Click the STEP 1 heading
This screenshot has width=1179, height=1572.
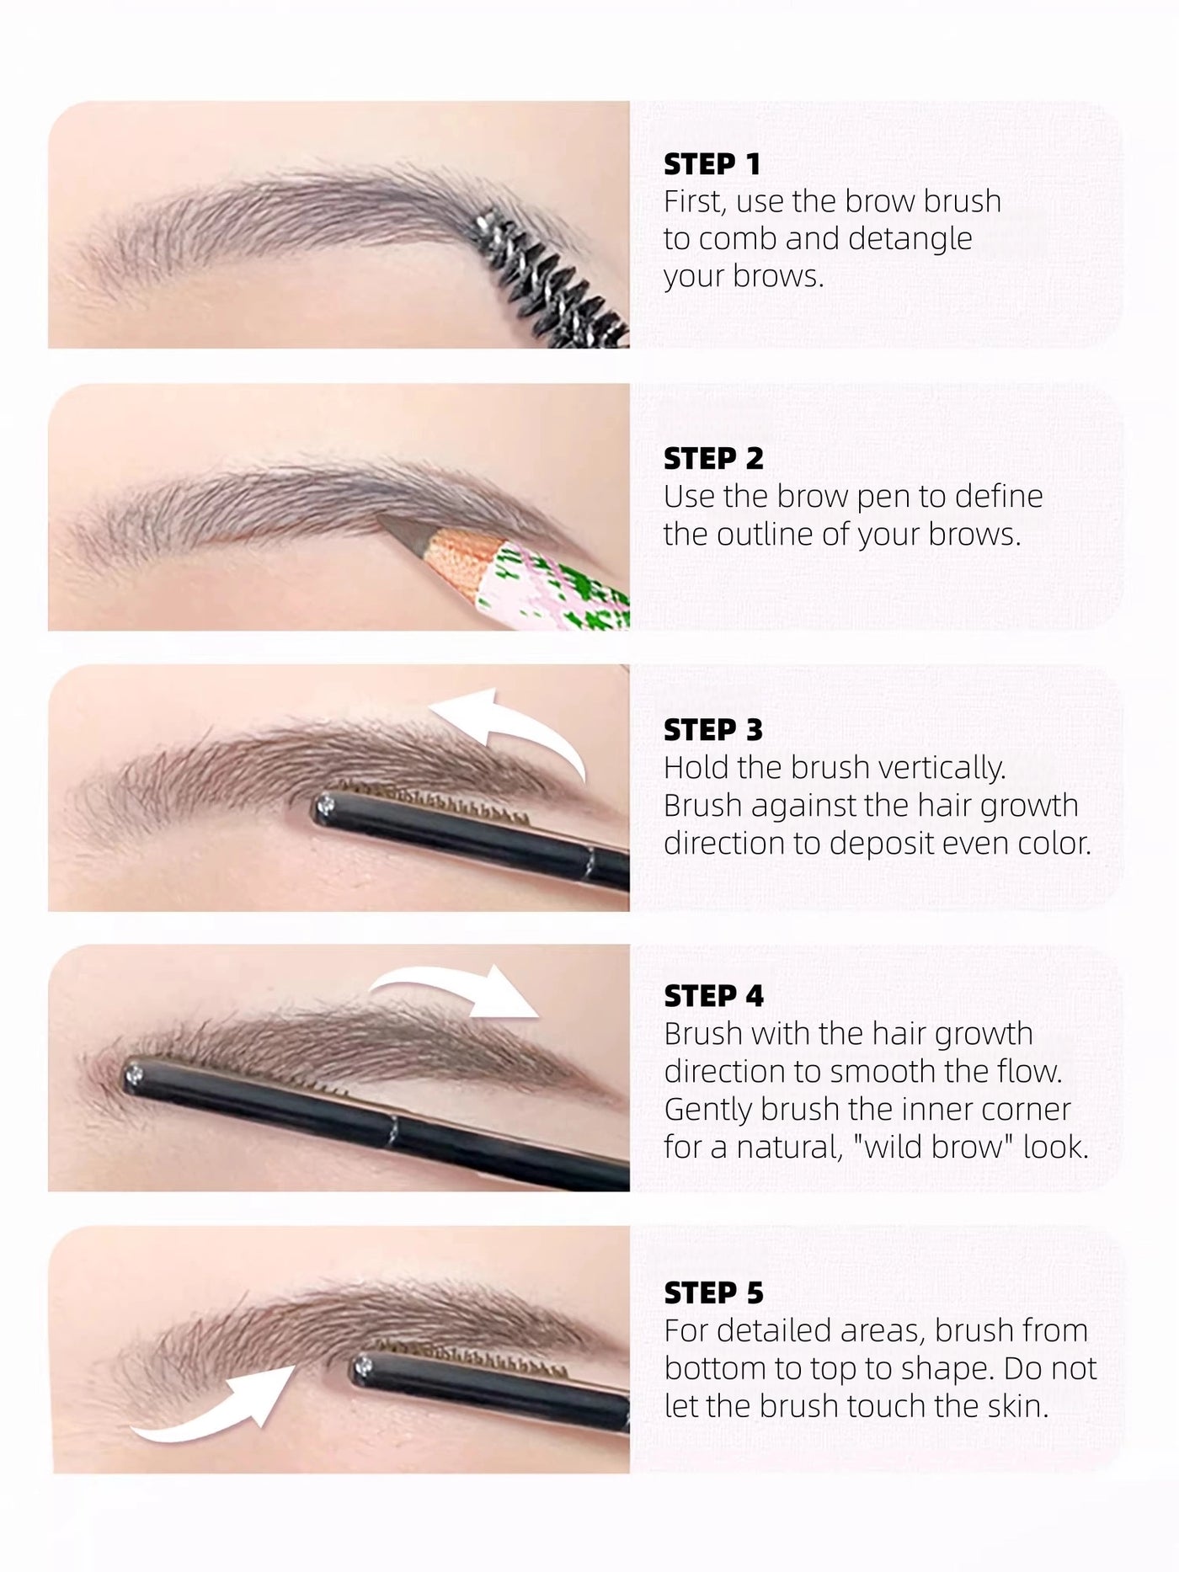pos(712,164)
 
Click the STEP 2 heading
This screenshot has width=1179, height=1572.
pos(713,459)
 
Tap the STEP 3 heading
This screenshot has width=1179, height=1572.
pos(712,730)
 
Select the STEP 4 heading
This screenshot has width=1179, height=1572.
pos(713,996)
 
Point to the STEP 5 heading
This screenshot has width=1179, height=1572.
pos(712,1292)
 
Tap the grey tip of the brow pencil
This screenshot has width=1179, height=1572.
pos(399,530)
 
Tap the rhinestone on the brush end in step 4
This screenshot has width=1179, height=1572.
pos(134,1074)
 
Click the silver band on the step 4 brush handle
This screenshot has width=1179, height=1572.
pos(393,1127)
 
